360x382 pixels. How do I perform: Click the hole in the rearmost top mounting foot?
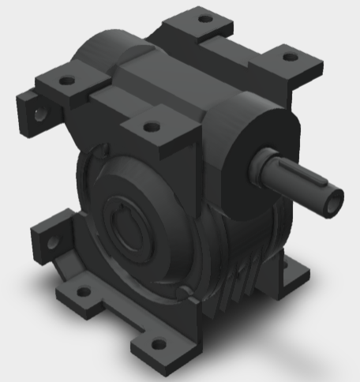(x=205, y=18)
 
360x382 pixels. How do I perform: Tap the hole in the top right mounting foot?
(x=290, y=58)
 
